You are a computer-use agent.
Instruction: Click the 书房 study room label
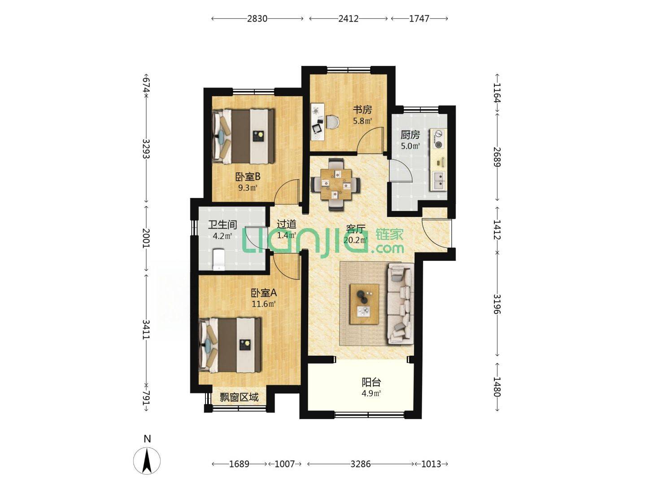pos(362,110)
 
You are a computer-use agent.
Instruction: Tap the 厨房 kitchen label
pos(410,135)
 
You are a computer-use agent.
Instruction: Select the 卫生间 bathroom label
pos(223,225)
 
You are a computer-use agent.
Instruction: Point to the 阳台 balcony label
pos(371,382)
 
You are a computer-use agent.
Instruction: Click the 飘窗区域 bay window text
pos(239,397)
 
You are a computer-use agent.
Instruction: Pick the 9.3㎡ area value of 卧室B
pos(248,188)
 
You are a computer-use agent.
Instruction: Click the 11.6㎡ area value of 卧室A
pos(263,304)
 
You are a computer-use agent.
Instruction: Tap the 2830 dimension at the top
pos(257,18)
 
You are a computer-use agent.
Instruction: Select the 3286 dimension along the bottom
pos(361,464)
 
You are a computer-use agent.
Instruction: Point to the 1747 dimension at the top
pos(419,18)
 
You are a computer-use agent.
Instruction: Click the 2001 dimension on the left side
pos(146,238)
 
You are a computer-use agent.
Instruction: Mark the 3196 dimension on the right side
pos(497,304)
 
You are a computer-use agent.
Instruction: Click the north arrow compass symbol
pos(147,461)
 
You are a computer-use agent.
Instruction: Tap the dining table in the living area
pos(336,184)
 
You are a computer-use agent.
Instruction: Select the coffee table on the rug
pos(364,304)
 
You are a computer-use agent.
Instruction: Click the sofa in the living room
pos(401,304)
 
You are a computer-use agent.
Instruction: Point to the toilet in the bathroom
pos(218,260)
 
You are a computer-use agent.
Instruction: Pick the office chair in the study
pos(332,122)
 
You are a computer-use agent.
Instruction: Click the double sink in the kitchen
pos(438,181)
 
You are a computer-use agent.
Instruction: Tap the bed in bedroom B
pos(243,137)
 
